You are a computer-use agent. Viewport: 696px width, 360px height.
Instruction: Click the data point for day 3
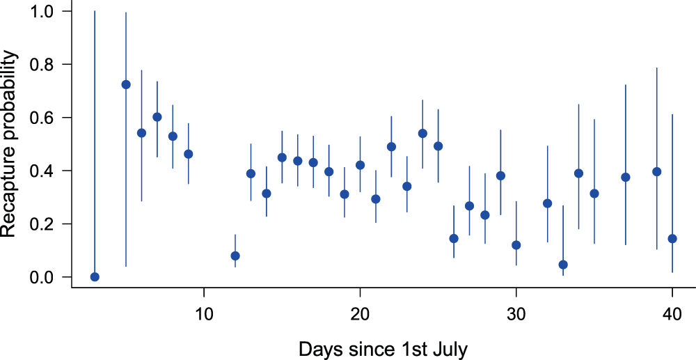95,277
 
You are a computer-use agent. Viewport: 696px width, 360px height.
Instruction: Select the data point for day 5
126,84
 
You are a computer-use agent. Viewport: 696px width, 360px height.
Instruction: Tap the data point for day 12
235,256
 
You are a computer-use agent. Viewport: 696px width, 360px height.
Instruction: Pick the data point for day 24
422,133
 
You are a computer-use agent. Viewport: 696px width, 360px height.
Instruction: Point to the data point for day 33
563,265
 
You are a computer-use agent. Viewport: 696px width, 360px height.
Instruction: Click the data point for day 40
672,239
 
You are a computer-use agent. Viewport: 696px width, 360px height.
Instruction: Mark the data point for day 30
516,245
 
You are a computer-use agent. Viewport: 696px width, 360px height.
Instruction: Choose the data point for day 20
360,165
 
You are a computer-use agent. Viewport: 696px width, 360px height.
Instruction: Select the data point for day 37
626,177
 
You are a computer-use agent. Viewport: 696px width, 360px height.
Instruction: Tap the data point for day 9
188,154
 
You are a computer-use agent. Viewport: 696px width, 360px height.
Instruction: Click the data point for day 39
656,171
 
